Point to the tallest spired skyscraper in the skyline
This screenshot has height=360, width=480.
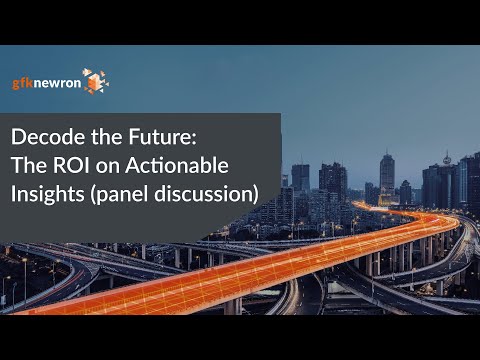pyautogui.click(x=386, y=175)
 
